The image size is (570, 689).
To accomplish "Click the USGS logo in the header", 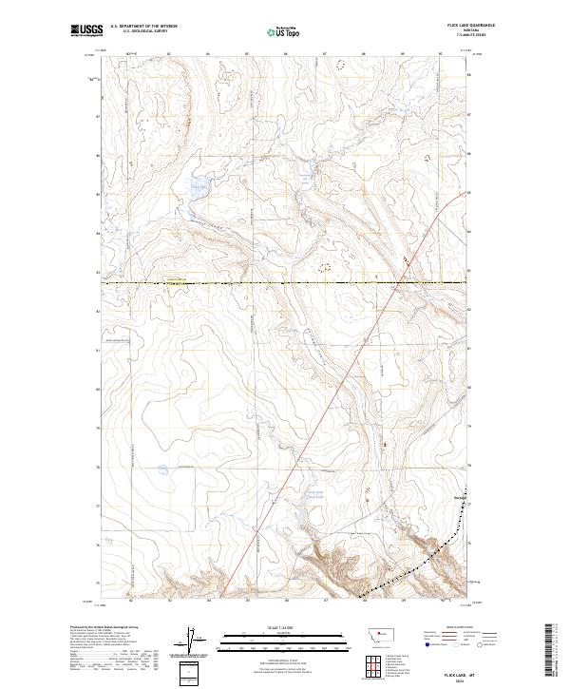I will tap(86, 30).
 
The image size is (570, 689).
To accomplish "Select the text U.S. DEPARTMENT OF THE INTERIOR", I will tap(142, 28).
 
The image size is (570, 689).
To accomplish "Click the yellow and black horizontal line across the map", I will tap(285, 283).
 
